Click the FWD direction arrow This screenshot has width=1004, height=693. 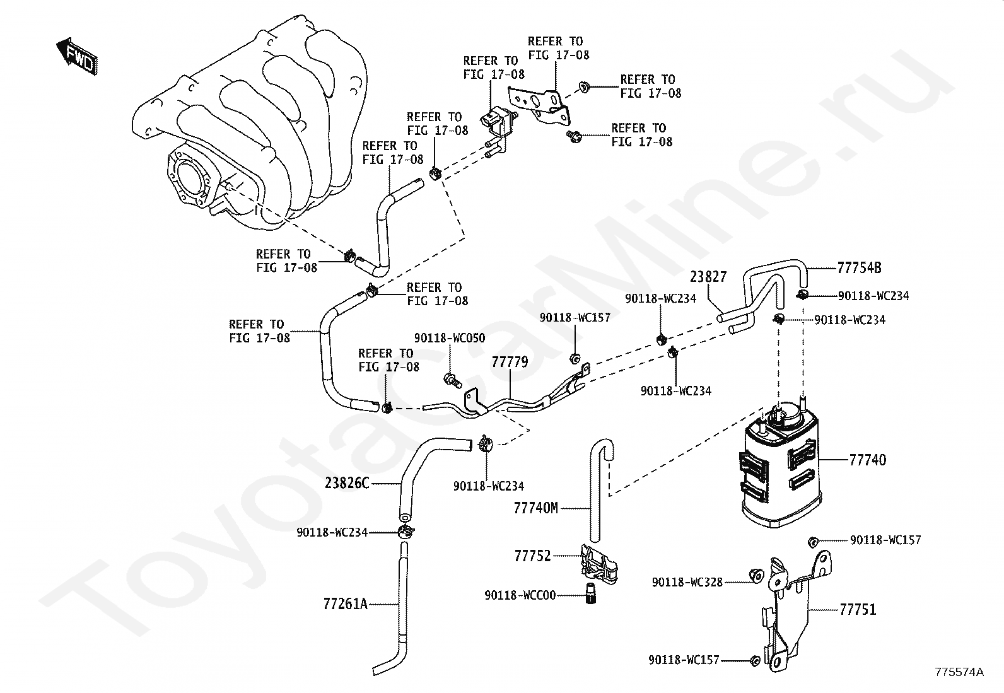pos(77,57)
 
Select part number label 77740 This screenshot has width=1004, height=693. pos(867,460)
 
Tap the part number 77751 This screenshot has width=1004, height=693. pos(858,610)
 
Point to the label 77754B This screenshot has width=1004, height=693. pos(859,268)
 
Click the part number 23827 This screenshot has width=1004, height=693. pos(708,277)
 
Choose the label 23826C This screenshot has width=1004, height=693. pos(347,483)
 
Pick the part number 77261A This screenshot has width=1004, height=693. pos(345,604)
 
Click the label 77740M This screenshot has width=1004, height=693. pos(535,508)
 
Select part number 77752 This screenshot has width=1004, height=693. pos(532,556)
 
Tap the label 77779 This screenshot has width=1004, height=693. pos(510,362)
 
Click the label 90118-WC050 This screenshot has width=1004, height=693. pos(450,338)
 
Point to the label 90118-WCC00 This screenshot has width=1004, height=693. pos(520,595)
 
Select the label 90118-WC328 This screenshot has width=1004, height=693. pos(687,582)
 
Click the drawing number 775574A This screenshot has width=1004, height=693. pos(959,672)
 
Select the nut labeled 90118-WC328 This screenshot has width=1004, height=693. pos(757,575)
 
